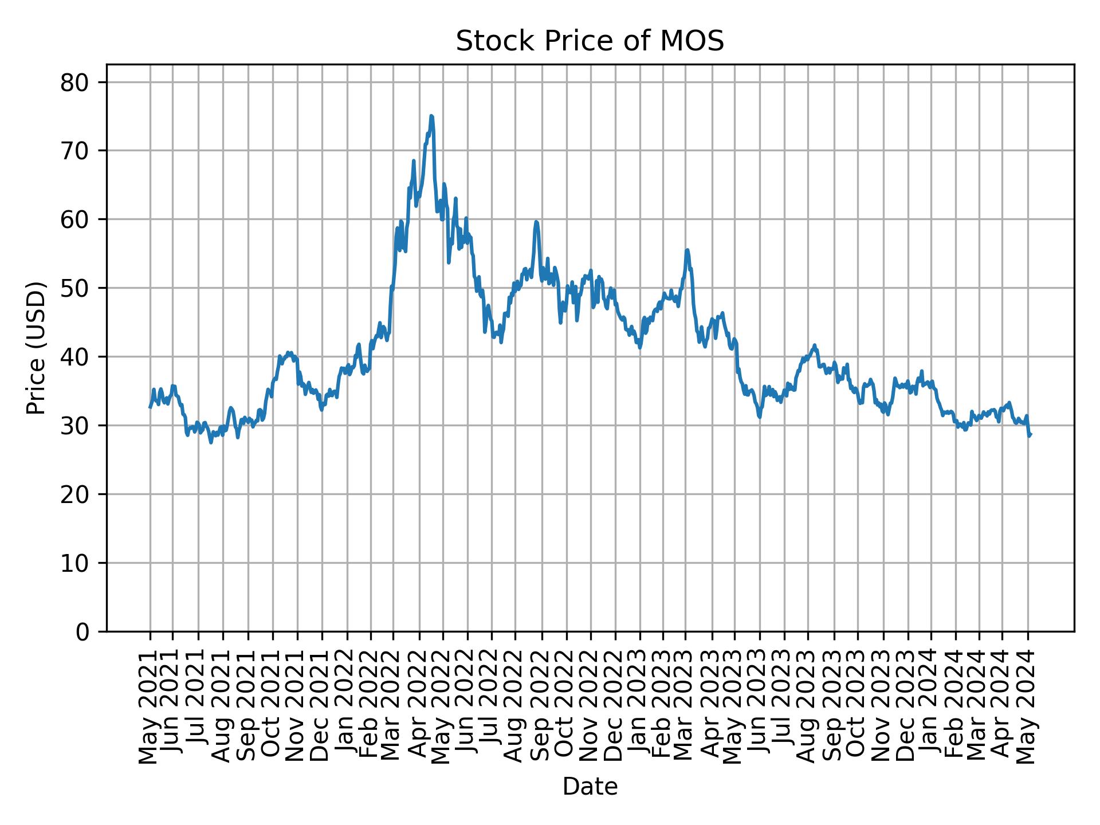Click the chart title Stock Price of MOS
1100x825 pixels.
tap(590, 42)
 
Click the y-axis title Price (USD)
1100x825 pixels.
tap(36, 348)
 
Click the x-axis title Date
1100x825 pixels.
tap(590, 787)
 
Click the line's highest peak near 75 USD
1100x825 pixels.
tap(431, 116)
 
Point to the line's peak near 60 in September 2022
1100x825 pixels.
tap(536, 222)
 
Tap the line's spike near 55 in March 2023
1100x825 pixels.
tap(687, 250)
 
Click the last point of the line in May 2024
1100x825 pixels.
tap(1030, 434)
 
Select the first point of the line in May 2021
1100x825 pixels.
tap(150, 407)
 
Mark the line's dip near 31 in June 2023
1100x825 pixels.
tap(759, 417)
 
